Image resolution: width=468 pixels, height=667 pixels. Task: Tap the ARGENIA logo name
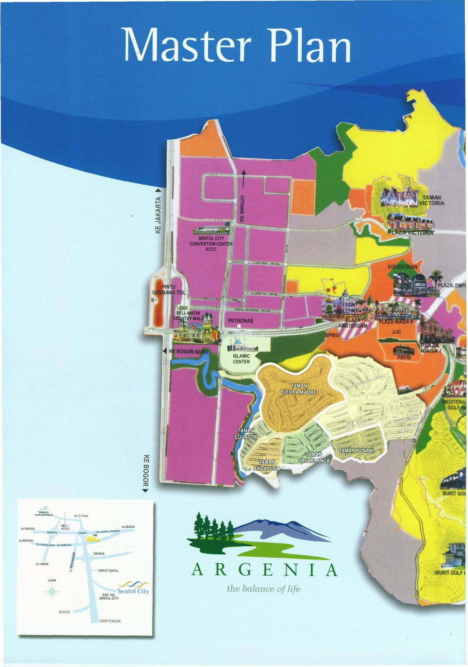tap(264, 570)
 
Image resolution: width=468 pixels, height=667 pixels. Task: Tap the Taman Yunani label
tap(356, 451)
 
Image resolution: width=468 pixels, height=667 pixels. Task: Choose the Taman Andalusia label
tap(267, 465)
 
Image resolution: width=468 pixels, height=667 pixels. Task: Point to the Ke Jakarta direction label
tap(158, 215)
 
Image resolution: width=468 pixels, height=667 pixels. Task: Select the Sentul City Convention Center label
tap(211, 244)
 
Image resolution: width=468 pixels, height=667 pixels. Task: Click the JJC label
tap(396, 332)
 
